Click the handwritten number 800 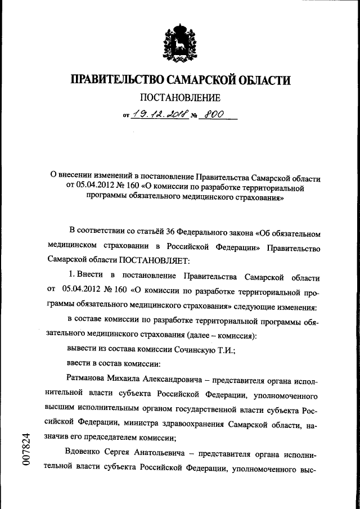click(214, 114)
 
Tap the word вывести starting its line click(81, 350)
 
